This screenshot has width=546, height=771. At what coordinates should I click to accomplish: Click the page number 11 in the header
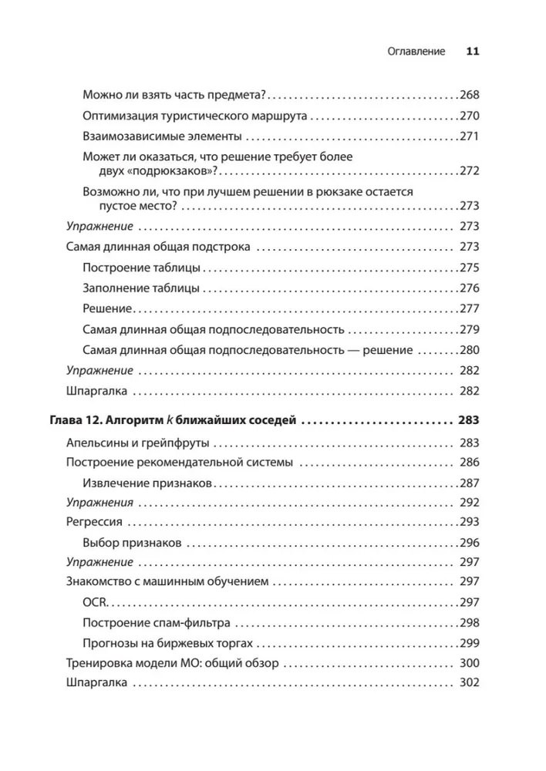tap(473, 52)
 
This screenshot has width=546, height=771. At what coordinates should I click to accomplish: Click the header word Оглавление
tap(416, 52)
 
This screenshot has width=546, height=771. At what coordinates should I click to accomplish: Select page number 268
tap(469, 95)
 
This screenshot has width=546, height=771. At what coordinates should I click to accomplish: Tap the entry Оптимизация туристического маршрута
tap(194, 116)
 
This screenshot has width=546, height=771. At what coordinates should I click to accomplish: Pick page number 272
tap(469, 170)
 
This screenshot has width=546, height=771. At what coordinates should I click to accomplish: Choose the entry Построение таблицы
tap(141, 268)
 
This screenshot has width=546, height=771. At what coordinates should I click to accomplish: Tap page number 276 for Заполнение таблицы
tap(469, 288)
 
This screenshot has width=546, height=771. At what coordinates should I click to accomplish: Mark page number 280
tap(469, 350)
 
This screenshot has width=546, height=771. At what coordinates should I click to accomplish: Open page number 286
tap(469, 463)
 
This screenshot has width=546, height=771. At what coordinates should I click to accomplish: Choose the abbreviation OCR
tap(94, 602)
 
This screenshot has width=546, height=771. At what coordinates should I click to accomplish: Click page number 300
tap(469, 663)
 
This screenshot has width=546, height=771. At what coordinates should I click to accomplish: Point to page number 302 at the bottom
tap(469, 683)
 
